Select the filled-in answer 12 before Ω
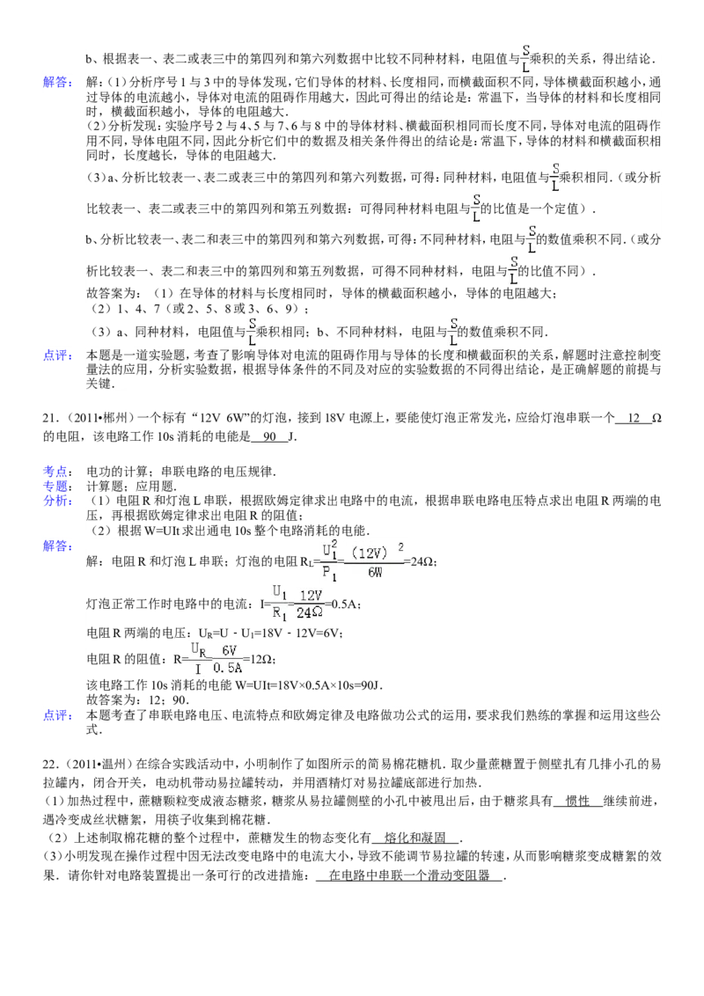[634, 418]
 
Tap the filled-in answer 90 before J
[270, 437]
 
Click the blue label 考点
[57, 472]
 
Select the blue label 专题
[57, 486]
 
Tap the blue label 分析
[57, 501]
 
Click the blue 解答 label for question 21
[57, 546]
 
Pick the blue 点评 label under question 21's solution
[57, 715]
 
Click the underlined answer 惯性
[577, 802]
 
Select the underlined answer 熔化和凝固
[414, 839]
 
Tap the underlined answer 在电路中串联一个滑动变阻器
[409, 875]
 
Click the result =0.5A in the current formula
[343, 604]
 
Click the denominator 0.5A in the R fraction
[227, 668]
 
